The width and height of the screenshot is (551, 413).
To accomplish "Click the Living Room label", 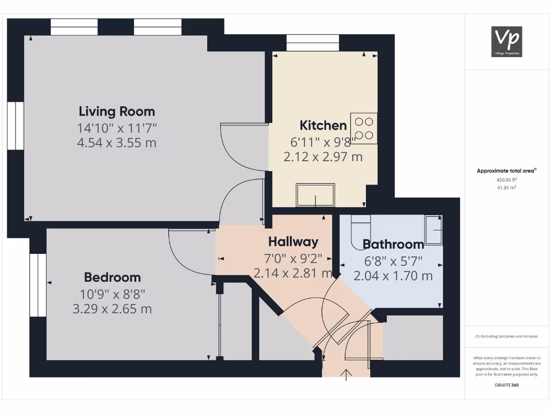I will pyautogui.click(x=117, y=111).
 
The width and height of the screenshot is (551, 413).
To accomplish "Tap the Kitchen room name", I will pyautogui.click(x=323, y=125).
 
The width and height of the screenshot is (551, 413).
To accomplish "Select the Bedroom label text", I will pyautogui.click(x=112, y=277).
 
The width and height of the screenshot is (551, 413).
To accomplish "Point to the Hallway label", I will pyautogui.click(x=293, y=241).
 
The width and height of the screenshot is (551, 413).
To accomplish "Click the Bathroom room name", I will pyautogui.click(x=393, y=244).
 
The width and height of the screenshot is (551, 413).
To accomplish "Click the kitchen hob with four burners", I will pyautogui.click(x=364, y=128).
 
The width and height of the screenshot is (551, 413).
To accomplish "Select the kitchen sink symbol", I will pyautogui.click(x=315, y=195).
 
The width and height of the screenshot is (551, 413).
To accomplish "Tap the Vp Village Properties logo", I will pyautogui.click(x=507, y=41).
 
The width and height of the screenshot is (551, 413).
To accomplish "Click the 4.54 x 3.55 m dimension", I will pyautogui.click(x=117, y=143).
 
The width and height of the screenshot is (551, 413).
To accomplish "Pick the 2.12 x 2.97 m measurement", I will pyautogui.click(x=323, y=157).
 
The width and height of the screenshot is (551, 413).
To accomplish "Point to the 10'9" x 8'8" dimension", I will pyautogui.click(x=112, y=294).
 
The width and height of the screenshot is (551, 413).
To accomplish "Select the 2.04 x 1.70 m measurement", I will pyautogui.click(x=393, y=276).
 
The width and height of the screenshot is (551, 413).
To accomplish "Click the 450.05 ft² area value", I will pyautogui.click(x=506, y=181).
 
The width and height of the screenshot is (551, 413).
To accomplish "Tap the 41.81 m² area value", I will pyautogui.click(x=506, y=188).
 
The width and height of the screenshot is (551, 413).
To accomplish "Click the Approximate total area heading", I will pyautogui.click(x=506, y=171).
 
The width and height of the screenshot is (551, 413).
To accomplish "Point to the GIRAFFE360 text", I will pyautogui.click(x=506, y=385).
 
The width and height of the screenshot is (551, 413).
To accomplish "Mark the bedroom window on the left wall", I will pyautogui.click(x=38, y=285).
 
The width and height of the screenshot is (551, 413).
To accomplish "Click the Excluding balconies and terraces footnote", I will pyautogui.click(x=506, y=336).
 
